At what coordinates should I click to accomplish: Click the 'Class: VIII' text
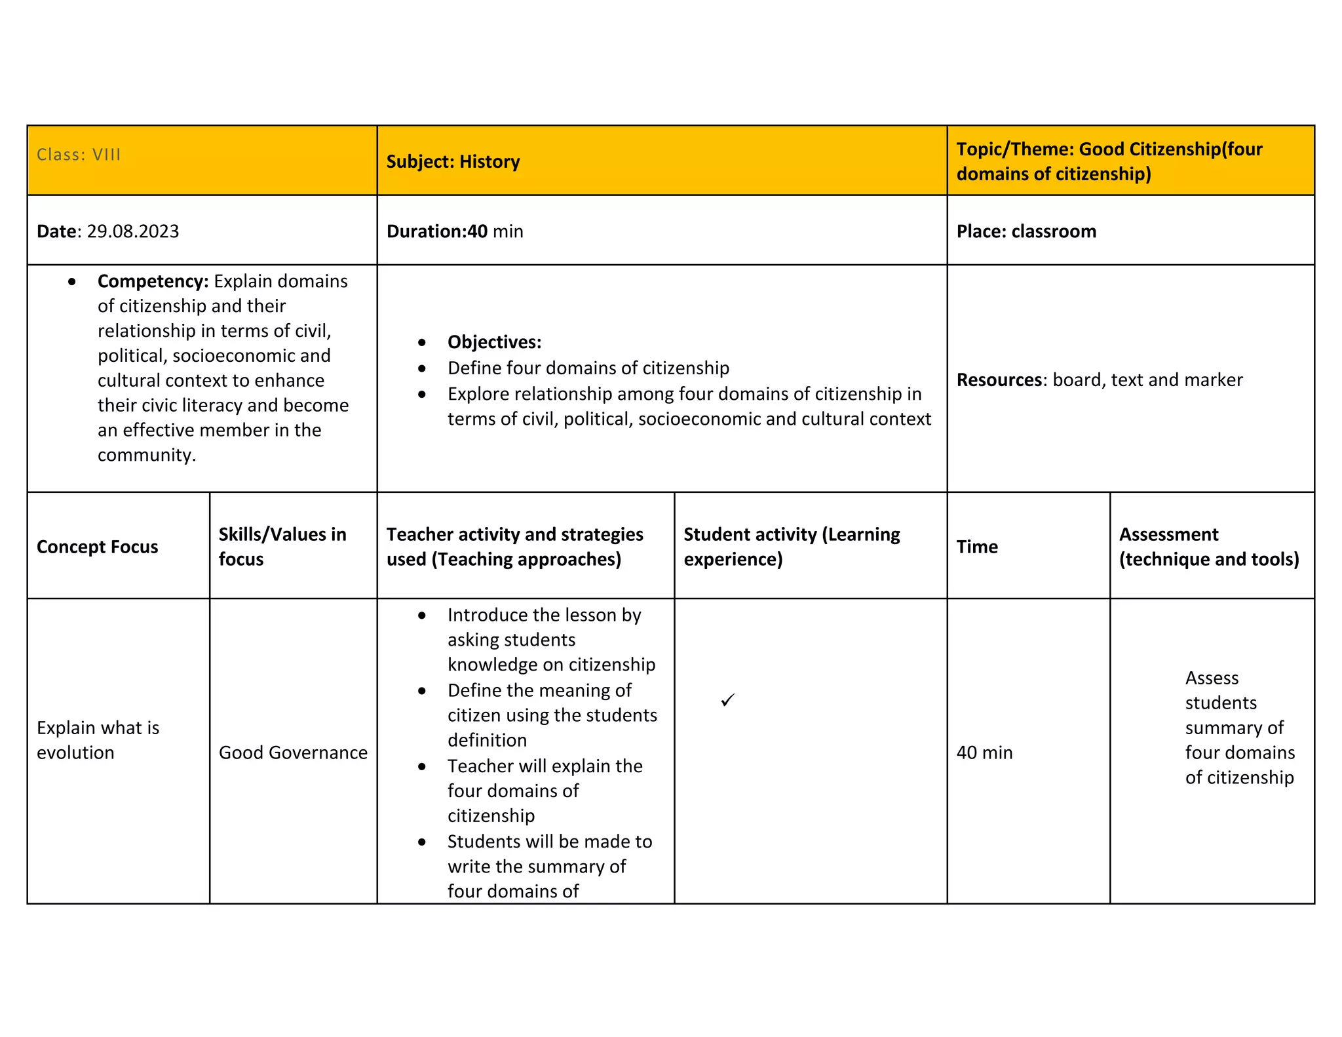(x=79, y=155)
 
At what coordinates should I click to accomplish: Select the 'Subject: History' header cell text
(x=453, y=162)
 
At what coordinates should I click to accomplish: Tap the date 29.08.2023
(x=132, y=231)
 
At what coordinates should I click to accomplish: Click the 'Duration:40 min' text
(x=455, y=231)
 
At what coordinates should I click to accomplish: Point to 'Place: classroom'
(x=1026, y=231)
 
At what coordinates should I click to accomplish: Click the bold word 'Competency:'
(x=153, y=281)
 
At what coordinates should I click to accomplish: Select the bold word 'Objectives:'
(x=494, y=342)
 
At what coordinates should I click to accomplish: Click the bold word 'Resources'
(x=999, y=380)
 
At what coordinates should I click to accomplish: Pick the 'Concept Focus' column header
(x=97, y=547)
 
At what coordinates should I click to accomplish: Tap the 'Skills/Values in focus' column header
(x=282, y=547)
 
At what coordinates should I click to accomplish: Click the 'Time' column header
(x=976, y=547)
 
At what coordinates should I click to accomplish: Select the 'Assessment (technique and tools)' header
(x=1208, y=547)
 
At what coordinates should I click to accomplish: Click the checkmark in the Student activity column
(x=727, y=700)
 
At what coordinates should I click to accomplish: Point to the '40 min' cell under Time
(x=984, y=753)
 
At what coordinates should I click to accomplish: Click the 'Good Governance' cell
(x=293, y=753)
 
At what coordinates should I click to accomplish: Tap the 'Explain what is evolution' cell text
(x=98, y=740)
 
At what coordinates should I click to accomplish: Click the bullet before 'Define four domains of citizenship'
(x=422, y=368)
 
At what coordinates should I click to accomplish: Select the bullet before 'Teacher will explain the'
(x=422, y=766)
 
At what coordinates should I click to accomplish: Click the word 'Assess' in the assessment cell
(x=1212, y=678)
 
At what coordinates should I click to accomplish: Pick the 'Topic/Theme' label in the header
(x=1014, y=149)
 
